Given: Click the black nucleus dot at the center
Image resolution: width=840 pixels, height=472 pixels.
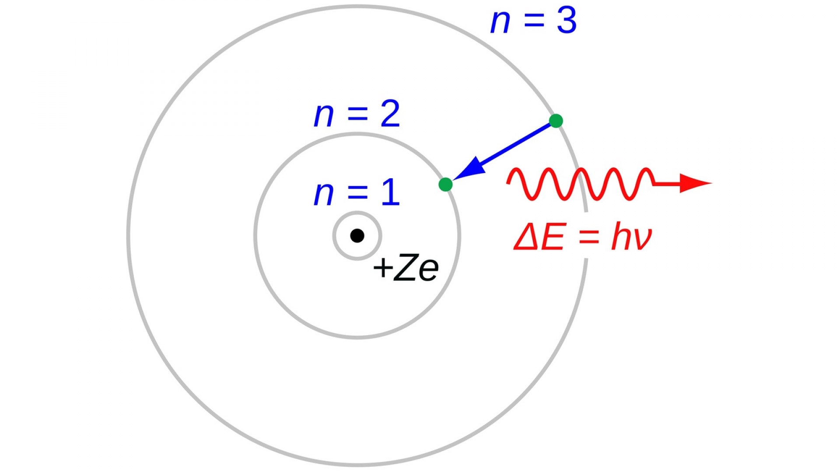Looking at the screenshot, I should [x=357, y=236].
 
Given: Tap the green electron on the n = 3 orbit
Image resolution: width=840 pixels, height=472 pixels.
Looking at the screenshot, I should [x=556, y=121].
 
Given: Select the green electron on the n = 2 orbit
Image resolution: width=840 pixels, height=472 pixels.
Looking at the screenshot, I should [x=445, y=184].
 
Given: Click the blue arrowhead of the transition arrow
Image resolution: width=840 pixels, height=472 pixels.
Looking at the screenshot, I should [x=470, y=169].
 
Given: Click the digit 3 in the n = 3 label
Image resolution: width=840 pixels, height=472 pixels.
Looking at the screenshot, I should [x=567, y=21].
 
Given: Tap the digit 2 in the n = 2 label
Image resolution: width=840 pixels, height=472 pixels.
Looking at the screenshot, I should [x=390, y=114].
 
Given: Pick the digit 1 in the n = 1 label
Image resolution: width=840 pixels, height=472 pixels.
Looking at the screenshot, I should [x=390, y=192].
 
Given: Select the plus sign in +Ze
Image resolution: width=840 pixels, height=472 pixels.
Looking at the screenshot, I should [x=383, y=267].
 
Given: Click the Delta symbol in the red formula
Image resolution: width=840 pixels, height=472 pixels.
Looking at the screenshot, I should [x=526, y=237].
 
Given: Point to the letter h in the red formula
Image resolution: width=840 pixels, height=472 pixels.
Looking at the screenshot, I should [x=621, y=236].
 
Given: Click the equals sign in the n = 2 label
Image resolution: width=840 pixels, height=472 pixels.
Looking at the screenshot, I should [x=357, y=115].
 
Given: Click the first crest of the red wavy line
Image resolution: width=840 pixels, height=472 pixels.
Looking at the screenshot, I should [x=518, y=171].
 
